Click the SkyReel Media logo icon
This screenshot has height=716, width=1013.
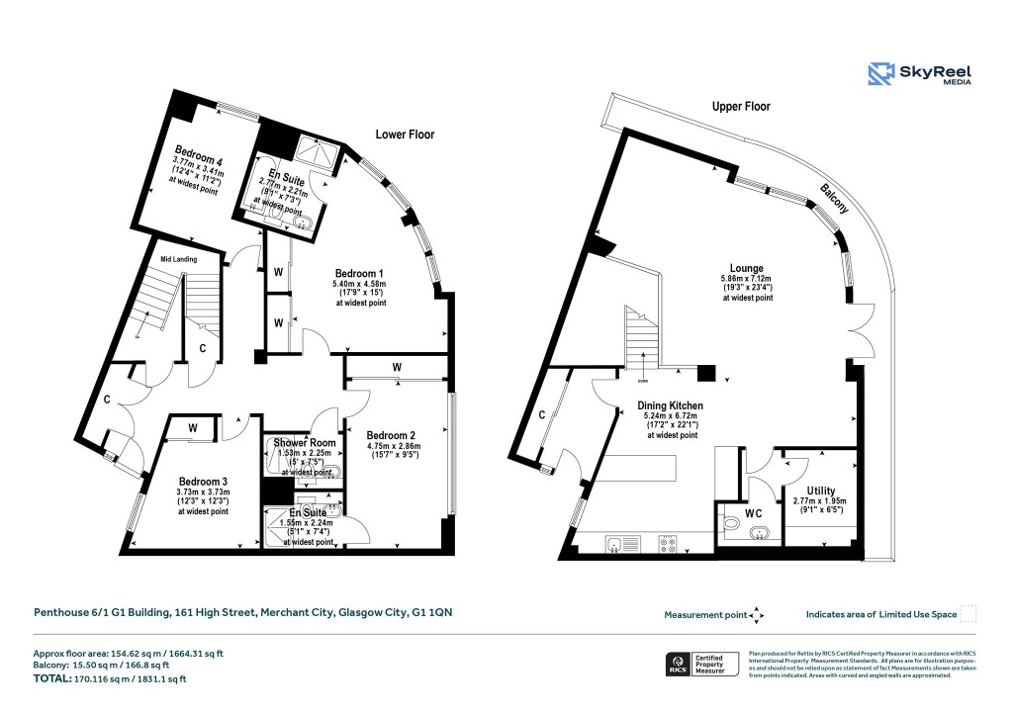pyautogui.click(x=882, y=75)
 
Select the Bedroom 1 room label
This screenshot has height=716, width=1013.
pyautogui.click(x=359, y=274)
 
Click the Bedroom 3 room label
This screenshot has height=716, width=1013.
pyautogui.click(x=203, y=482)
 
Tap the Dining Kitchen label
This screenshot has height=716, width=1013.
pyautogui.click(x=672, y=404)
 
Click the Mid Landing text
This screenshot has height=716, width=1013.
pyautogui.click(x=179, y=259)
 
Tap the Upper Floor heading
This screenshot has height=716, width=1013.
pyautogui.click(x=741, y=106)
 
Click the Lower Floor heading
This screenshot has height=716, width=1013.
pyautogui.click(x=405, y=134)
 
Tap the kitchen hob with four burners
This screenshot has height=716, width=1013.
pyautogui.click(x=667, y=542)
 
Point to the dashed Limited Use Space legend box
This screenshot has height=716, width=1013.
pyautogui.click(x=968, y=614)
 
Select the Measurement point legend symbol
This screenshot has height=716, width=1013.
pyautogui.click(x=757, y=615)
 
